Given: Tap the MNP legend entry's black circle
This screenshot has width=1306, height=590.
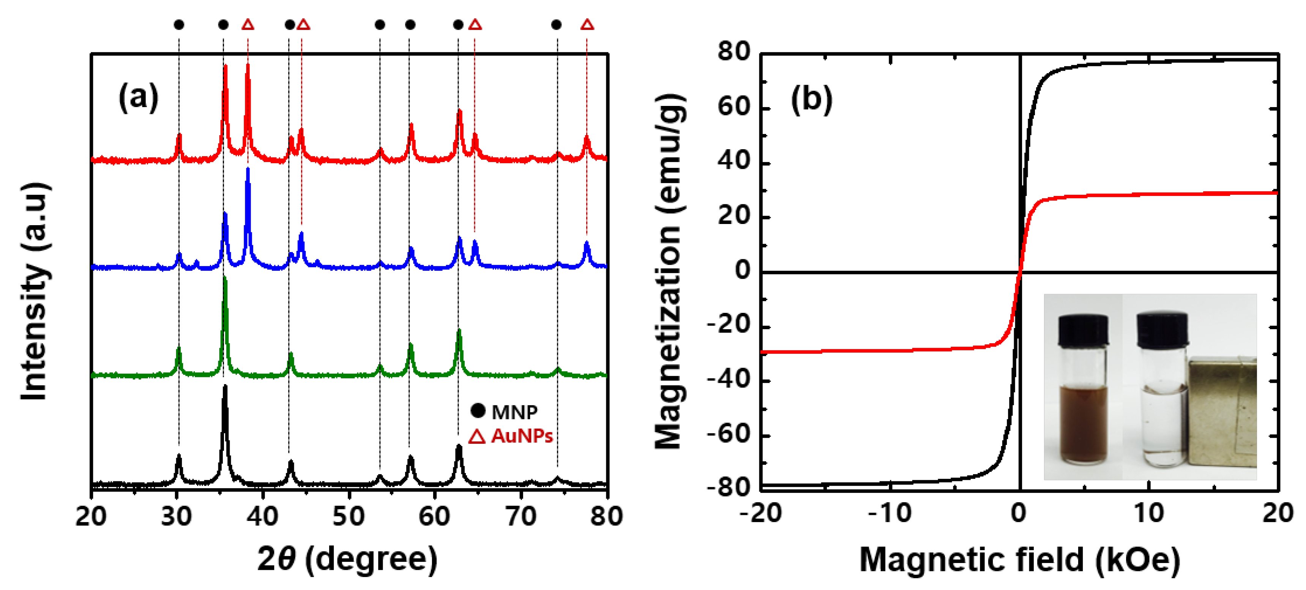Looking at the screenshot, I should coord(478,410).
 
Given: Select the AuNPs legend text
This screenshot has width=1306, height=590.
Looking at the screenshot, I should coord(522,436).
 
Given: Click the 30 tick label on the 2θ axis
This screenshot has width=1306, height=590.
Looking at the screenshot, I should coord(177,516).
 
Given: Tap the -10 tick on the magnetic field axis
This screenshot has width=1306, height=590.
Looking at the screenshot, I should coord(890,513).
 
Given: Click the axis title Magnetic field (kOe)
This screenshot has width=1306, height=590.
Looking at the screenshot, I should coord(1019,560).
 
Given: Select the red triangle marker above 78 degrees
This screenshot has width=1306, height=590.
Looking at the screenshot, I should coord(587,24).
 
